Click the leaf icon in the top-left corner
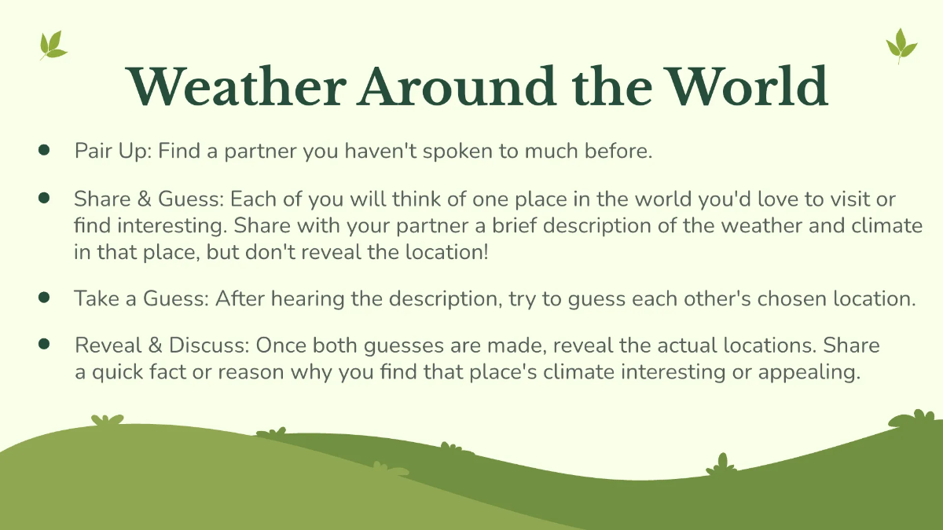(x=53, y=45)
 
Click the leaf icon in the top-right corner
(x=901, y=46)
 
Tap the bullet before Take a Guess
(x=44, y=297)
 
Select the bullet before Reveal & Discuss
(x=44, y=343)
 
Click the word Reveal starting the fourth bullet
(x=101, y=345)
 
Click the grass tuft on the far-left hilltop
(x=107, y=421)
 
